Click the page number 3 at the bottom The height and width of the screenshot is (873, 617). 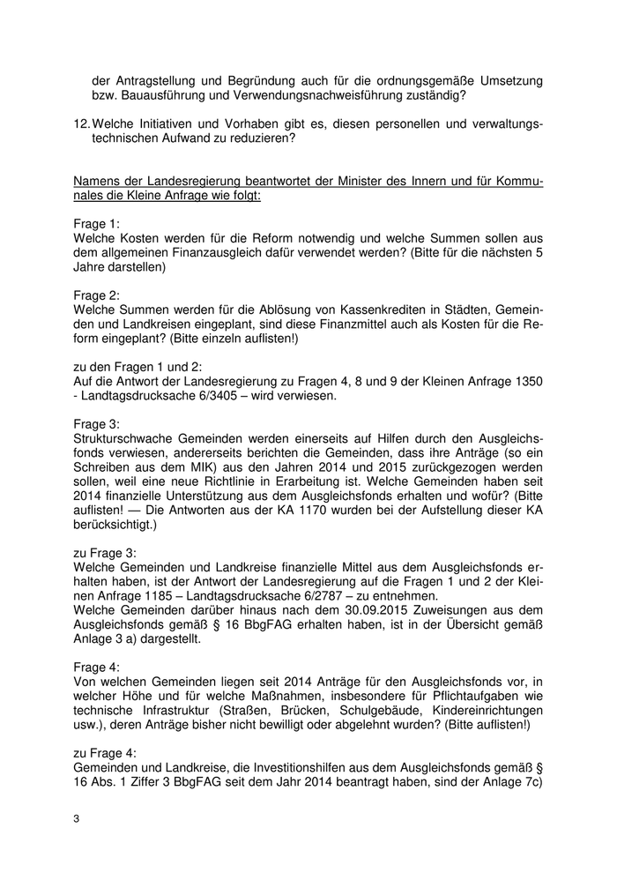(x=77, y=820)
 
